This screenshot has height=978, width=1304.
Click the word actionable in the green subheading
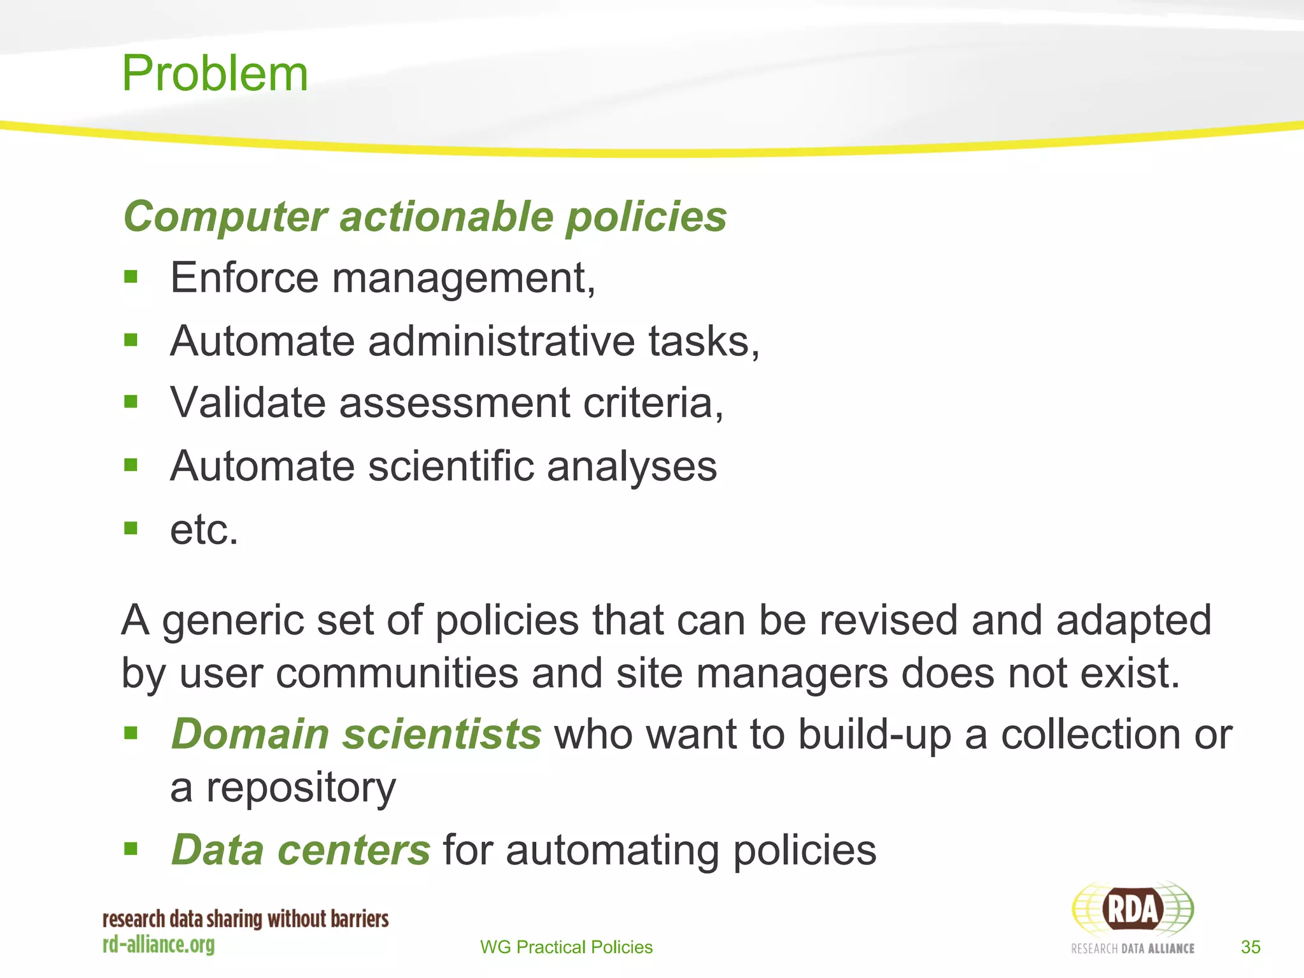click(x=446, y=216)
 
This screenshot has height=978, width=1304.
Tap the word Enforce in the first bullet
click(x=244, y=278)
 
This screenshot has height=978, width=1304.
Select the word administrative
click(x=501, y=341)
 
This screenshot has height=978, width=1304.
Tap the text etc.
click(x=204, y=529)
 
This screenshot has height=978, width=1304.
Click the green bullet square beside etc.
click(x=131, y=528)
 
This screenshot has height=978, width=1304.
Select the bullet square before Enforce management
click(x=131, y=276)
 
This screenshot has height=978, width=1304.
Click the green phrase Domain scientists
click(x=357, y=734)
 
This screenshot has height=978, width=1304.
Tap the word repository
click(x=301, y=788)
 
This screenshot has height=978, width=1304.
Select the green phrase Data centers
click(x=301, y=850)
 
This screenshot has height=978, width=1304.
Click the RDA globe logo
click(x=1132, y=909)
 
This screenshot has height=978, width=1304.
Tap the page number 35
click(x=1251, y=947)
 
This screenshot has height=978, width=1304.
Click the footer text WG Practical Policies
click(x=566, y=947)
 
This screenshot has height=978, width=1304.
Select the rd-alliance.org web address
click(x=159, y=944)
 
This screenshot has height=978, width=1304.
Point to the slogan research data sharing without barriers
click(x=246, y=919)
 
